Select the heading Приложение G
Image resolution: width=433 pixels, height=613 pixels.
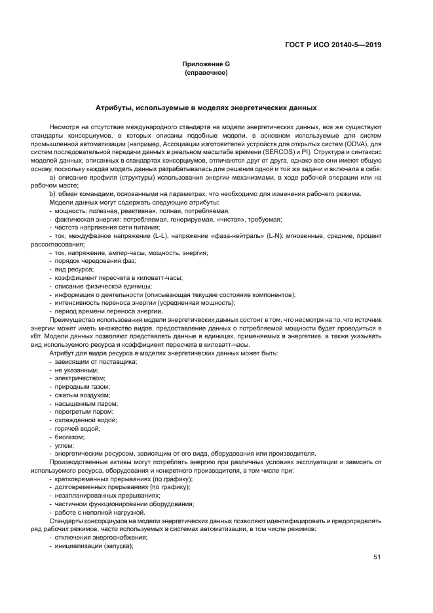[206, 64]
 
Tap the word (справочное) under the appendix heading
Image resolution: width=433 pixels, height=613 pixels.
[206, 72]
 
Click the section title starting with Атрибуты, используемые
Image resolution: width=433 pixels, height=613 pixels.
[206, 107]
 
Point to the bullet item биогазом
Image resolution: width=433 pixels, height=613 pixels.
[71, 437]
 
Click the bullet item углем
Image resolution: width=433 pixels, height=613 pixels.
[64, 445]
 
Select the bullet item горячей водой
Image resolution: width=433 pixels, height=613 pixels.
[78, 429]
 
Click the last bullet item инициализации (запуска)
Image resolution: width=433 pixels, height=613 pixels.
[94, 545]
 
